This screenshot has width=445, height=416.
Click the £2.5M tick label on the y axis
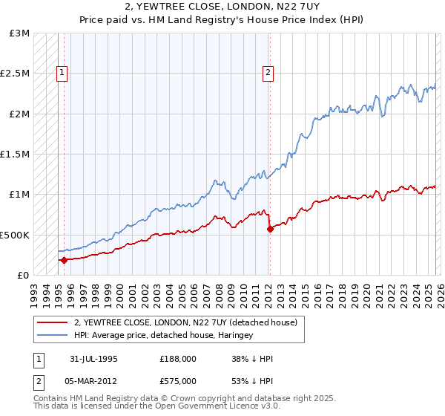click(x=15, y=74)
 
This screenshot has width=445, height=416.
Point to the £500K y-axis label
click(x=15, y=235)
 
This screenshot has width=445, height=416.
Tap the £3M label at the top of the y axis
click(x=20, y=33)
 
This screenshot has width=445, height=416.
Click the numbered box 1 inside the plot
click(x=62, y=73)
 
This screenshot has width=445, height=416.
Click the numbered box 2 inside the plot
click(x=267, y=73)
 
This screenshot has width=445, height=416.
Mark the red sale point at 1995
click(x=64, y=260)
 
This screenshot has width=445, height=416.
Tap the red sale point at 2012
click(x=270, y=229)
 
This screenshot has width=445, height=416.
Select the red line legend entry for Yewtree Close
click(x=185, y=322)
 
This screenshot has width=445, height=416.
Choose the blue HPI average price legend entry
click(x=163, y=336)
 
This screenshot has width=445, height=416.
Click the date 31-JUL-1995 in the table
click(x=94, y=359)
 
